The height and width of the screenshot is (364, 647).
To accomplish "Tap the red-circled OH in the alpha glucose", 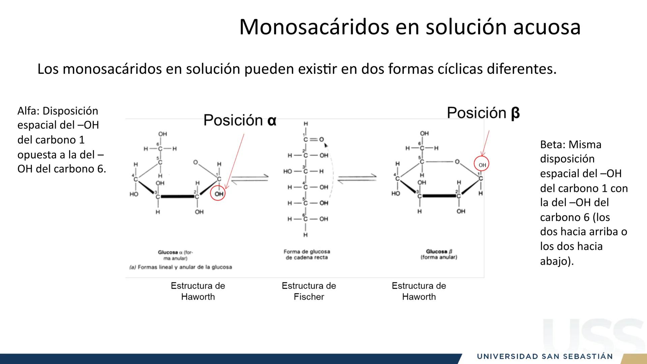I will click(x=218, y=194).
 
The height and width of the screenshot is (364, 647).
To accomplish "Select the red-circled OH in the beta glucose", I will click(x=482, y=165).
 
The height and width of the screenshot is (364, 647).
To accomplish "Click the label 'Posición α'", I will click(x=240, y=120).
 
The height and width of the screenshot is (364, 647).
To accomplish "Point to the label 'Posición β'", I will click(x=483, y=113).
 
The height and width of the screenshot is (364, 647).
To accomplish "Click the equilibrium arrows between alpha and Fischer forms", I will click(x=250, y=178).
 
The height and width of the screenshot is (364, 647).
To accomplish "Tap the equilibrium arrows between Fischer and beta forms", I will click(x=357, y=178).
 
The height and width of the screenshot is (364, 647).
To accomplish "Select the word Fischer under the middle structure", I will click(x=309, y=297).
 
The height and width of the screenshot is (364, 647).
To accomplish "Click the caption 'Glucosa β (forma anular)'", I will click(x=439, y=254).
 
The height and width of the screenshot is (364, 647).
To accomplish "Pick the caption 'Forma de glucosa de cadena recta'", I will click(x=307, y=254).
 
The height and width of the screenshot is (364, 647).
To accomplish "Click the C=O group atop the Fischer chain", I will click(x=313, y=140).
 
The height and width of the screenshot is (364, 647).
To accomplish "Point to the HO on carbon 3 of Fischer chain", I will click(x=287, y=171).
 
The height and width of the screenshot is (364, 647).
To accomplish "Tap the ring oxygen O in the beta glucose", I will click(x=457, y=162).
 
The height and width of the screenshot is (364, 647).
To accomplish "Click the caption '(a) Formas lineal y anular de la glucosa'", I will click(x=181, y=267).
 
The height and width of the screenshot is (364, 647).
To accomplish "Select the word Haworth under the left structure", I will click(x=198, y=297).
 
